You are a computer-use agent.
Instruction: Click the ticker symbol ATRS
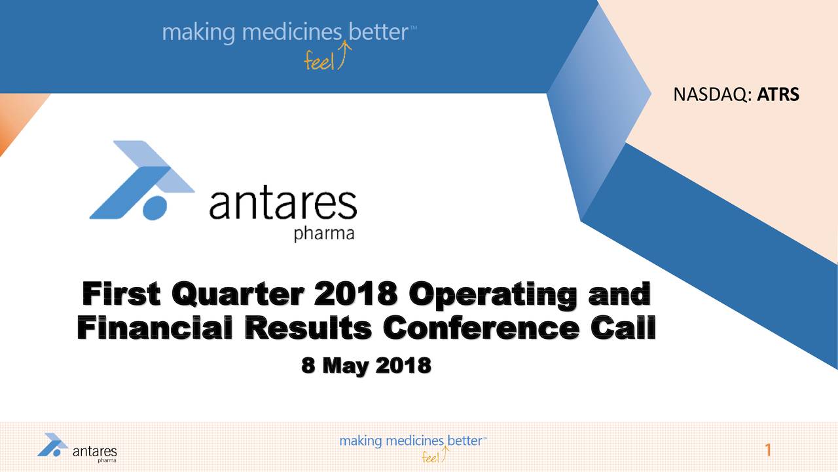(778, 94)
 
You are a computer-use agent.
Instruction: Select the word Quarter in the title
(238, 294)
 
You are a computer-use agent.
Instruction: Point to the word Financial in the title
(155, 327)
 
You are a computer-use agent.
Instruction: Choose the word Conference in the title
(481, 327)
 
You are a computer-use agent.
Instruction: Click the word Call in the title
(623, 327)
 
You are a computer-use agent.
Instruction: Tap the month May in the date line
(345, 366)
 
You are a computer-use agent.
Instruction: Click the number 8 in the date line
(308, 365)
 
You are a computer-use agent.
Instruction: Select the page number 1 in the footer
(768, 450)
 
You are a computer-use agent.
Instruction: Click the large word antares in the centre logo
(283, 205)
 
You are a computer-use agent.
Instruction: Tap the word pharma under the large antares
(324, 234)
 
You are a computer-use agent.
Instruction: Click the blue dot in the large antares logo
(155, 208)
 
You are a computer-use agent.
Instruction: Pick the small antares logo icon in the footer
(53, 444)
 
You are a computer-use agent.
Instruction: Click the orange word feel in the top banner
(318, 61)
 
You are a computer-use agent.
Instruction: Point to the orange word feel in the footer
(430, 457)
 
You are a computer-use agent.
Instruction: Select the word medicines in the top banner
(292, 32)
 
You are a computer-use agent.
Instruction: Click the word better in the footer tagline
(465, 441)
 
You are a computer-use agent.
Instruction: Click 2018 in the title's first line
(355, 294)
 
